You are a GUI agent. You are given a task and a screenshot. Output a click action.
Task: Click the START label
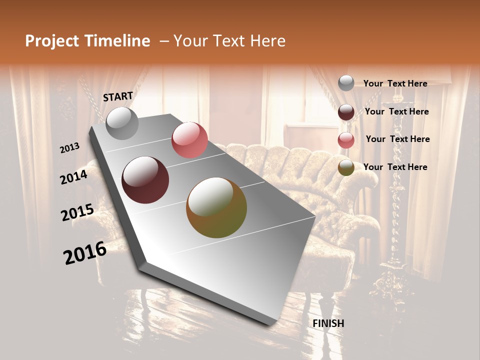118,96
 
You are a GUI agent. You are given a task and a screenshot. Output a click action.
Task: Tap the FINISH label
328,323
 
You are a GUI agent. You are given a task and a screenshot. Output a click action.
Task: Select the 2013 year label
70,147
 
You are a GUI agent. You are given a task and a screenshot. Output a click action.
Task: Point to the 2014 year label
74,177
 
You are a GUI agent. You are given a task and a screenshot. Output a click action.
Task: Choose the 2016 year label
85,253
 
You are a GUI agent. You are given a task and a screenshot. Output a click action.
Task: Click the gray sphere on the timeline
122,123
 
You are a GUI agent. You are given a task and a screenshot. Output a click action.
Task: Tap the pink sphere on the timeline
189,140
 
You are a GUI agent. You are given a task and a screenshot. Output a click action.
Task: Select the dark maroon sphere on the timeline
145,180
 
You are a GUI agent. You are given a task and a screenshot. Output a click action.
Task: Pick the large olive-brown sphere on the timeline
216,208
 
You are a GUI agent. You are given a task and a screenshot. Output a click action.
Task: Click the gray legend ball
346,83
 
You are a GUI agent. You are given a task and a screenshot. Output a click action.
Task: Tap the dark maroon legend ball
346,112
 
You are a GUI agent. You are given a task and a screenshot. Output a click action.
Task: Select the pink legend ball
346,140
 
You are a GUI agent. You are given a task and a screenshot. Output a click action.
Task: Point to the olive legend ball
346,167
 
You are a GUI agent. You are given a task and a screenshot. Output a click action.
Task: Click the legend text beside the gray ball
395,83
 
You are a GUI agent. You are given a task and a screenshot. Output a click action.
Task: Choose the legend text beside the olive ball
395,167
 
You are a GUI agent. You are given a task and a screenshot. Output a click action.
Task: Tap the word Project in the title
52,41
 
